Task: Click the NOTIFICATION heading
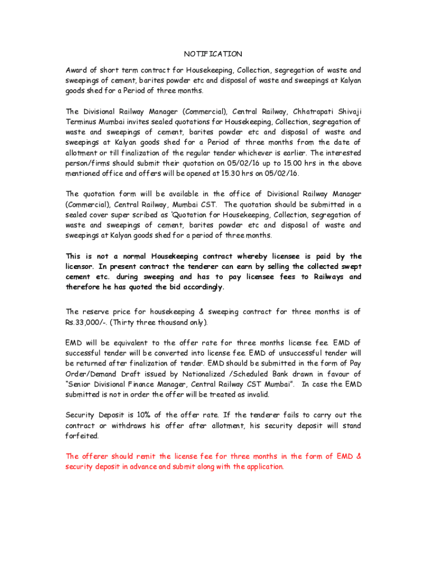[x=213, y=54]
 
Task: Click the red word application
[x=261, y=466]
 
